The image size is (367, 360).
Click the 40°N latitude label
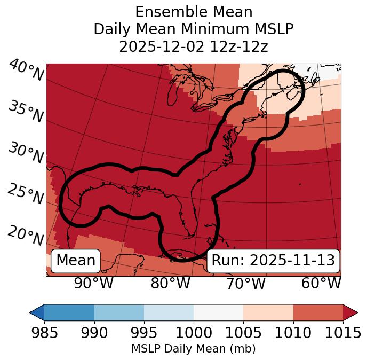pyautogui.click(x=25, y=71)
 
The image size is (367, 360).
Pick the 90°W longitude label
pyautogui.click(x=93, y=283)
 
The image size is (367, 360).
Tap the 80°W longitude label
pyautogui.click(x=170, y=283)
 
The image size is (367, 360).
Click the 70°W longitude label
pyautogui.click(x=245, y=283)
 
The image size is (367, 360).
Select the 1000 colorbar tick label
pyautogui.click(x=194, y=333)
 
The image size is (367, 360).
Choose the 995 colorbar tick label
pyautogui.click(x=143, y=333)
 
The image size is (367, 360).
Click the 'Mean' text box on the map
pyautogui.click(x=76, y=260)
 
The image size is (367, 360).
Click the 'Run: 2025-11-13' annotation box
pyautogui.click(x=273, y=260)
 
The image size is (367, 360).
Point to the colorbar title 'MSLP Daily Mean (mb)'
pyautogui.click(x=193, y=349)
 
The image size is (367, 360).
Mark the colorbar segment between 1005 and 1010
pyautogui.click(x=268, y=312)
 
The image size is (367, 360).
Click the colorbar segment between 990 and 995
pyautogui.click(x=119, y=312)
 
